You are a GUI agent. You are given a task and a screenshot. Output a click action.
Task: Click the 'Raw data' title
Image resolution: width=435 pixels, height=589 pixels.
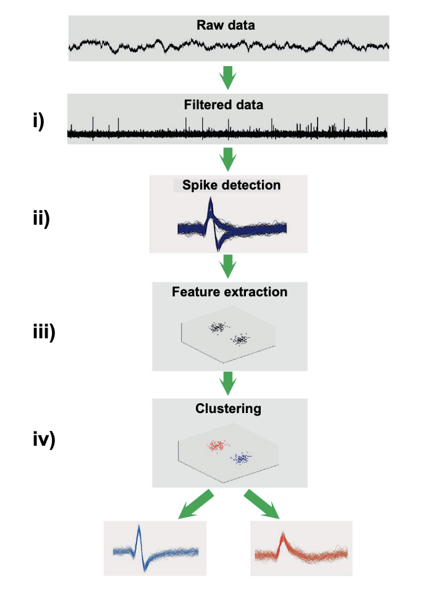click(x=226, y=26)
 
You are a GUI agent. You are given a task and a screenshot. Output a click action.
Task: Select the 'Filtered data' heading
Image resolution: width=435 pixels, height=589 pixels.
click(x=224, y=104)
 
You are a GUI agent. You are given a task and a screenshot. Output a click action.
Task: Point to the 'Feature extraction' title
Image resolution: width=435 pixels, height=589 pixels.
click(x=229, y=291)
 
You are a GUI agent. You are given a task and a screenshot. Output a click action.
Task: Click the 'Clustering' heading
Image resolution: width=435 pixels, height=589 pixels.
click(x=228, y=408)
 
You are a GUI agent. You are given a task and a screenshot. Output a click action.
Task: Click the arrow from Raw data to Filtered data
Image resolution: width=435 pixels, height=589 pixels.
click(x=228, y=77)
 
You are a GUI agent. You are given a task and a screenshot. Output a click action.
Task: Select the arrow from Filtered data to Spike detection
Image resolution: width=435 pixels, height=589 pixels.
click(x=228, y=160)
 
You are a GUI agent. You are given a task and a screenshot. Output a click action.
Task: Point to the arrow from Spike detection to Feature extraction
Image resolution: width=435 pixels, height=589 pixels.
click(x=228, y=266)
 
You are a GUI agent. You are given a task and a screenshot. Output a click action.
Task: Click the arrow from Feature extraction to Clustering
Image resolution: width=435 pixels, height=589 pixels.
click(x=228, y=383)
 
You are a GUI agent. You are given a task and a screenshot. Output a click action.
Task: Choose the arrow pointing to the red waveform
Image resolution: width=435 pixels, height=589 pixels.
click(x=263, y=504)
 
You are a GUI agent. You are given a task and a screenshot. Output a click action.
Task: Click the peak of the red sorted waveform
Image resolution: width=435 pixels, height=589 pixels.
click(x=283, y=536)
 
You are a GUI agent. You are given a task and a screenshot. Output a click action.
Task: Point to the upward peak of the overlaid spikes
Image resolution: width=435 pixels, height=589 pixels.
click(x=210, y=202)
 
